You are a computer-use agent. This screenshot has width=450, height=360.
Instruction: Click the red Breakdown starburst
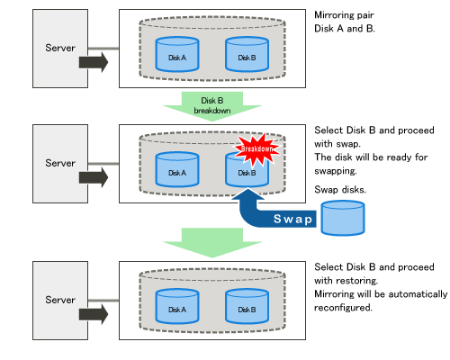257,149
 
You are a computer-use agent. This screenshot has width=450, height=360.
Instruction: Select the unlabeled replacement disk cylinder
343,218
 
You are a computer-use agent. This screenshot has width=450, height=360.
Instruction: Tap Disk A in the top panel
177,54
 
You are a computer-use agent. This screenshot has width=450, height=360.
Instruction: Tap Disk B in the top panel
247,54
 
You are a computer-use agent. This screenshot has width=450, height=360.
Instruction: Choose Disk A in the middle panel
177,169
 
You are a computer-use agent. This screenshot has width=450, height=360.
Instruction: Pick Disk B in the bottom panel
247,306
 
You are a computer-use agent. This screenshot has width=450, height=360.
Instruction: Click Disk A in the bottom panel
177,306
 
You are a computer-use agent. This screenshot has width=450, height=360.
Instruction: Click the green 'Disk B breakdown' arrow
212,106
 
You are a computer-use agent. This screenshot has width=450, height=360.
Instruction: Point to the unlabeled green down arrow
212,242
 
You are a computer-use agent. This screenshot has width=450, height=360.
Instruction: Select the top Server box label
60,48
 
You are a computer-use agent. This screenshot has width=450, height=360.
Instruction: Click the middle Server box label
60,163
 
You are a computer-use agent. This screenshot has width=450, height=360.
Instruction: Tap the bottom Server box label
60,300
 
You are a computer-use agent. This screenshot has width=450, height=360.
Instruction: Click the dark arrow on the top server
94,62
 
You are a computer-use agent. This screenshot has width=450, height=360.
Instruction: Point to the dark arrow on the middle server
94,177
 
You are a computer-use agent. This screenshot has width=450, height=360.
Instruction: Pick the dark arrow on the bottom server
94,314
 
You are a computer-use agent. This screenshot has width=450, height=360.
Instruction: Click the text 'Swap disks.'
340,190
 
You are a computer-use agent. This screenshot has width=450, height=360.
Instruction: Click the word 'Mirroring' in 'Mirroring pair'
334,15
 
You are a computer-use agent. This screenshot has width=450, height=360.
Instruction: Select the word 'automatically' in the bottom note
418,294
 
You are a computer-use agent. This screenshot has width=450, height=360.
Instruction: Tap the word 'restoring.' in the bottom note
357,281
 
